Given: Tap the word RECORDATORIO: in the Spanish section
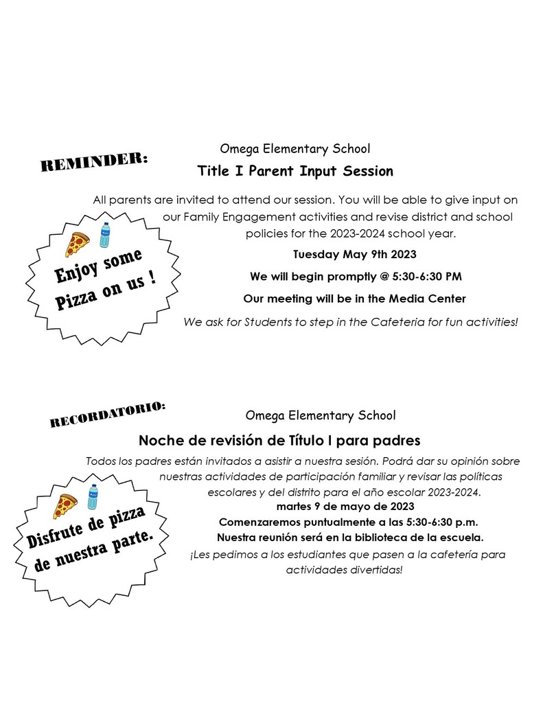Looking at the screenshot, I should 108,415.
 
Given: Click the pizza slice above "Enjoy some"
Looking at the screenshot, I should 78,244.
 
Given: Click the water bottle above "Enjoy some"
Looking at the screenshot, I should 104,235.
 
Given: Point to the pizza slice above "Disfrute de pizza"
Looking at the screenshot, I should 66,506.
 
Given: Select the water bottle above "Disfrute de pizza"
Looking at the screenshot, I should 93,496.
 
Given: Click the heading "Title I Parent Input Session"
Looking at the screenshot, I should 294,170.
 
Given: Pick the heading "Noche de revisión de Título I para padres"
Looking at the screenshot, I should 279,439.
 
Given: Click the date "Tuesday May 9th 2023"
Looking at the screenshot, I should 354,255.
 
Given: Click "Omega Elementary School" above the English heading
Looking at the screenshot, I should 294,148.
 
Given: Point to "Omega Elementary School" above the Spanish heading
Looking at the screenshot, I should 320,415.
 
